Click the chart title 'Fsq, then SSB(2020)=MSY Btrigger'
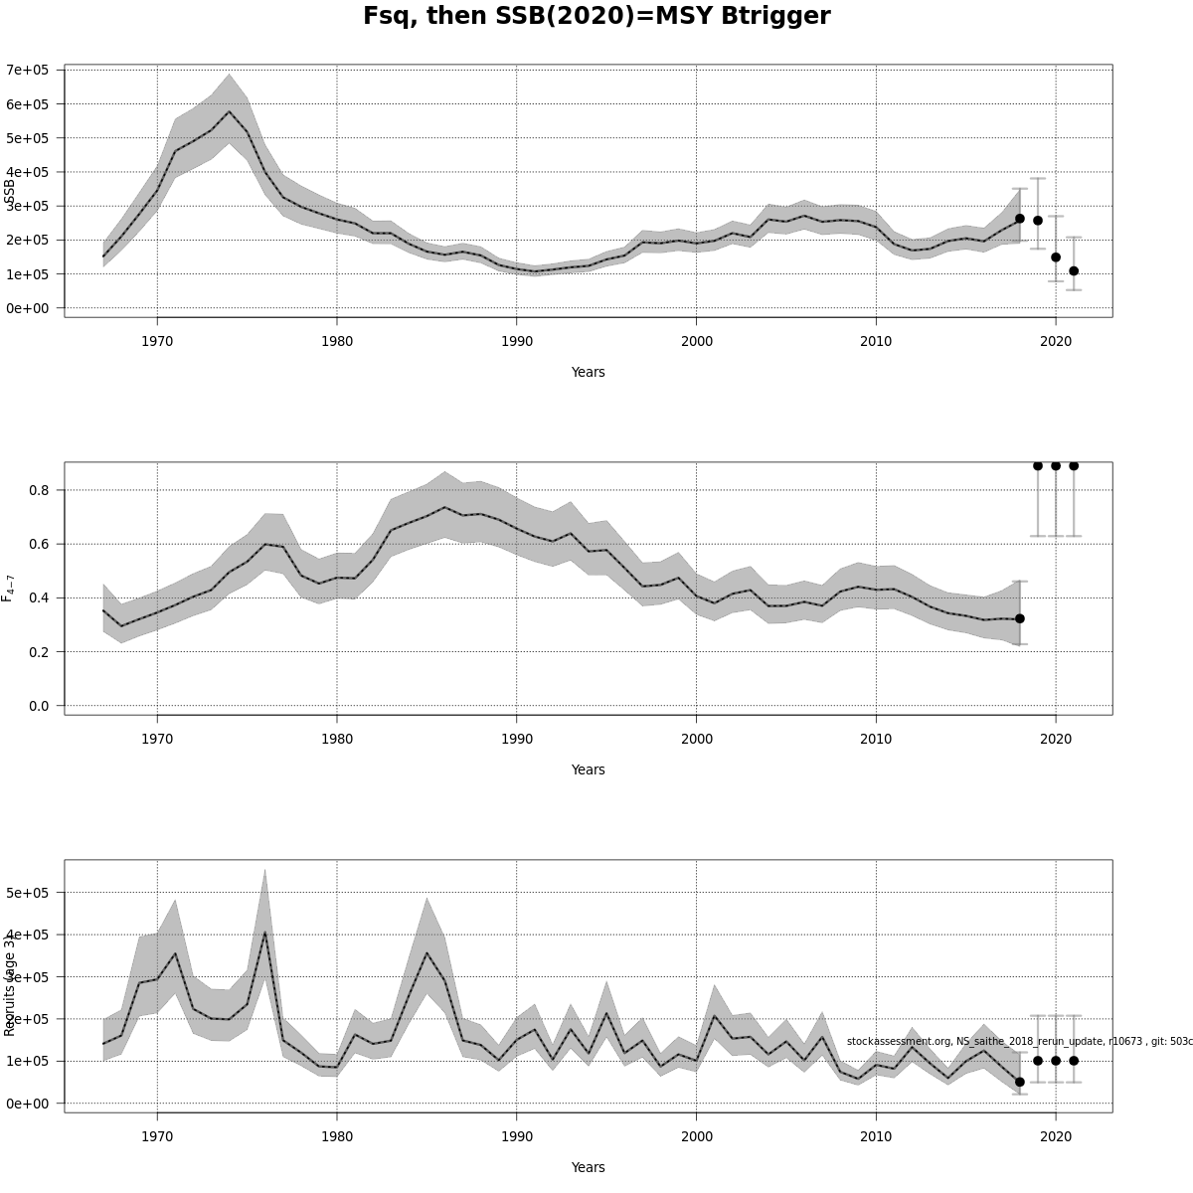click(x=596, y=17)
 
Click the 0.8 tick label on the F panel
click(x=39, y=490)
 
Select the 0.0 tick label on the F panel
click(x=39, y=706)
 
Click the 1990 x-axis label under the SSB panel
click(x=516, y=341)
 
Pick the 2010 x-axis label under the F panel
click(x=876, y=739)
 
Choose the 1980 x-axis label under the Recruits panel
click(x=337, y=1136)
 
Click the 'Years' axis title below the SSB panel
click(x=588, y=372)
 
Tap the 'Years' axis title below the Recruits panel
click(x=588, y=1167)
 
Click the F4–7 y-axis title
click(x=9, y=588)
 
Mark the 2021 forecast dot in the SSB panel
click(x=1074, y=270)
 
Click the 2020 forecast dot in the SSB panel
click(x=1056, y=256)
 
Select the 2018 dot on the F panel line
click(x=1020, y=618)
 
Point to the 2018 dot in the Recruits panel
click(x=1020, y=1082)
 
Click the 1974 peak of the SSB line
click(x=229, y=111)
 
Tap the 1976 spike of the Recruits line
click(x=264, y=932)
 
